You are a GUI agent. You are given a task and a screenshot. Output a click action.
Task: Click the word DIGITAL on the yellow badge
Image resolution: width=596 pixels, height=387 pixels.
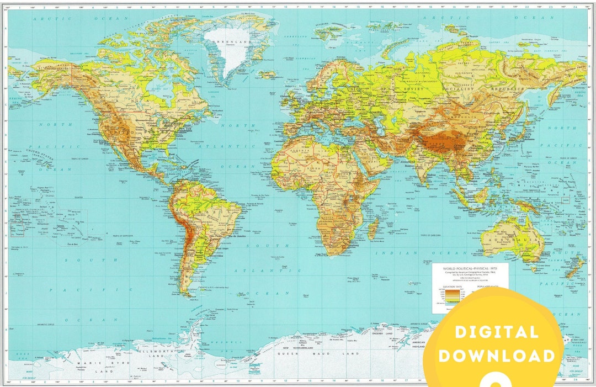pyautogui.click(x=496, y=332)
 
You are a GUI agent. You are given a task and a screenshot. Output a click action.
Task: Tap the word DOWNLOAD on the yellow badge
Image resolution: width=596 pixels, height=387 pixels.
pyautogui.click(x=497, y=355)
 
